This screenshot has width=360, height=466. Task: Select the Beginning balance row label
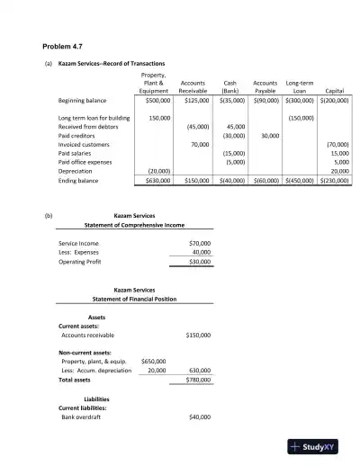[x=82, y=101]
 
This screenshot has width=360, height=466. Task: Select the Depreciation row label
[x=76, y=170]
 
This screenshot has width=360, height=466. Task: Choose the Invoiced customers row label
[x=86, y=144]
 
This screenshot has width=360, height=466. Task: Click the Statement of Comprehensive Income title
[x=136, y=225]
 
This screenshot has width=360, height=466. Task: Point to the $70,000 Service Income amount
[x=200, y=244]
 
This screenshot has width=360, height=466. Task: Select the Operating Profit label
[x=79, y=262]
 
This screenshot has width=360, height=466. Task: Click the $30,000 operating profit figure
[x=200, y=262]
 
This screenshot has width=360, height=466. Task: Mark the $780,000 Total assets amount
[x=199, y=381]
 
